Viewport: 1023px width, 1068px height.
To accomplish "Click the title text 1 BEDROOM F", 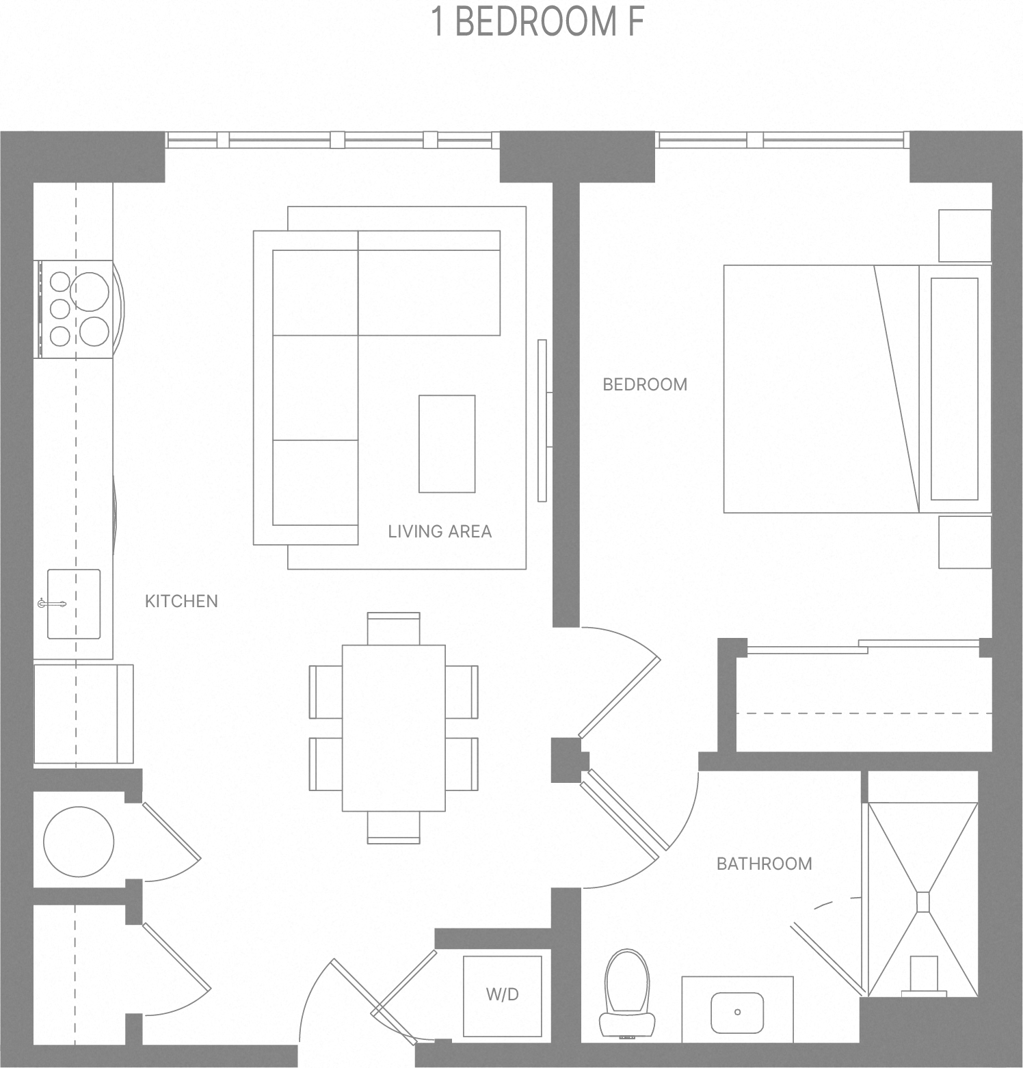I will pyautogui.click(x=538, y=22).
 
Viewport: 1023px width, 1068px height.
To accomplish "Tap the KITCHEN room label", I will pyautogui.click(x=181, y=601).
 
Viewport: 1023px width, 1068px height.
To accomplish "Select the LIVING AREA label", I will pyautogui.click(x=440, y=531).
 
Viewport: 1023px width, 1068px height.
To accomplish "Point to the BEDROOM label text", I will pyautogui.click(x=645, y=384).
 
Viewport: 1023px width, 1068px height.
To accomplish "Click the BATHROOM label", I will pyautogui.click(x=764, y=864).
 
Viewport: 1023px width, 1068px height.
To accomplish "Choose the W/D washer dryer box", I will pyautogui.click(x=503, y=995).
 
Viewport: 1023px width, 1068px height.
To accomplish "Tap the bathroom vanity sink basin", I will pyautogui.click(x=737, y=1012).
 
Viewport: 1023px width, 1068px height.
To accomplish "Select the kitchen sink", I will pyautogui.click(x=74, y=604).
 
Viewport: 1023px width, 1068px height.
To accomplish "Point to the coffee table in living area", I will pyautogui.click(x=447, y=444).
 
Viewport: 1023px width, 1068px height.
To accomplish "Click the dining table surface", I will pyautogui.click(x=394, y=727).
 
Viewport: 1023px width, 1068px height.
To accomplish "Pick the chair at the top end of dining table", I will pyautogui.click(x=394, y=628).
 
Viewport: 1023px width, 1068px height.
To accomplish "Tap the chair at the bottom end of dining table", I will pyautogui.click(x=394, y=827).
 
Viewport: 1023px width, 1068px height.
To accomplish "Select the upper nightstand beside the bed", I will pyautogui.click(x=964, y=235).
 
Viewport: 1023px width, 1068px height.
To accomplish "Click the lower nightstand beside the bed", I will pyautogui.click(x=964, y=542).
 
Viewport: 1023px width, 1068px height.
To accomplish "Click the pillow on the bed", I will pyautogui.click(x=954, y=388).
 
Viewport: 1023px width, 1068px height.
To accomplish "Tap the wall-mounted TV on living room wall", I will pyautogui.click(x=542, y=420).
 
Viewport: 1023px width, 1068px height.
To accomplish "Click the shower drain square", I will pyautogui.click(x=923, y=902).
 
